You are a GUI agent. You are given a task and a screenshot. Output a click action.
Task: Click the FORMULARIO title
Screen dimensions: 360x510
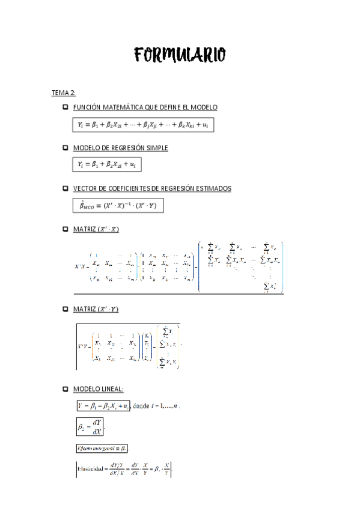tap(180, 55)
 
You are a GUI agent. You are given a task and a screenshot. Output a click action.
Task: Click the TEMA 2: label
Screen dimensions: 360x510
tap(63, 93)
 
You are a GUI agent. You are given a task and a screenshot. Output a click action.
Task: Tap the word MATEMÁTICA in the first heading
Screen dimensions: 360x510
tap(118, 107)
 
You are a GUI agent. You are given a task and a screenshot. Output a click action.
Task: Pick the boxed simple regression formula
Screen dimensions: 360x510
tap(107, 164)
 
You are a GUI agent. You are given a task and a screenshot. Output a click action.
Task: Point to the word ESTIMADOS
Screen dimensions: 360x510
tap(209, 188)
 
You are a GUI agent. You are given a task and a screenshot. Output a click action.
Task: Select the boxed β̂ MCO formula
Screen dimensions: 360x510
tap(118, 206)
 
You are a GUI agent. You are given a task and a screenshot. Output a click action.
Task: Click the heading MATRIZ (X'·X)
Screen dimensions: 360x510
tap(96, 229)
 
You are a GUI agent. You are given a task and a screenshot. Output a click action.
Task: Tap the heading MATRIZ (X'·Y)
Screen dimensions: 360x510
tap(96, 309)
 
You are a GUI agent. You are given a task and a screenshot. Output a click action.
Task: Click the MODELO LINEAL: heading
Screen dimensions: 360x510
tap(98, 389)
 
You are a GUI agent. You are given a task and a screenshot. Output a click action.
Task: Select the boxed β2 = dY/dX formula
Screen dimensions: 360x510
tap(90, 426)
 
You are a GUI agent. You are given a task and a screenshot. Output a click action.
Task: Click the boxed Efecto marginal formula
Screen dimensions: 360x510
tap(102, 449)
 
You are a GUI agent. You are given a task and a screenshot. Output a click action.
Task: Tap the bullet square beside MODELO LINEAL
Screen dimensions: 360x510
tap(65, 389)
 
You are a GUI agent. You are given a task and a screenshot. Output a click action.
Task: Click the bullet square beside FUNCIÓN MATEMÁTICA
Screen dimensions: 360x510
tap(65, 107)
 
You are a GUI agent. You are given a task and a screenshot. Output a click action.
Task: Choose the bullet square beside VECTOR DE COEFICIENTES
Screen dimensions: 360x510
tap(65, 188)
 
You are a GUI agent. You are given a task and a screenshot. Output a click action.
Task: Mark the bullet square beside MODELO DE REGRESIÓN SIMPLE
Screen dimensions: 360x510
tap(65, 147)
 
